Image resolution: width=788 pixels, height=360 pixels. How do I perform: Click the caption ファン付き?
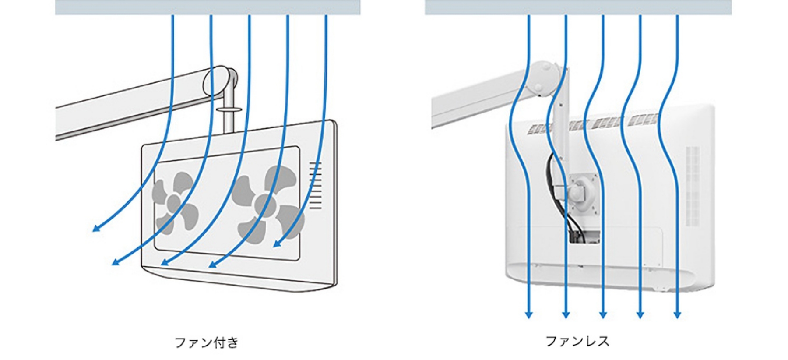click(206, 342)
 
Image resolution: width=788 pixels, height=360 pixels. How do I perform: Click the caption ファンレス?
click(577, 341)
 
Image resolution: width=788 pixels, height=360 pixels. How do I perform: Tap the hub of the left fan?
click(174, 202)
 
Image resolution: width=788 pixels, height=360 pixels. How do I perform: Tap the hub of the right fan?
click(264, 204)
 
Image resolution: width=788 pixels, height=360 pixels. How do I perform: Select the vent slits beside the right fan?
click(315, 185)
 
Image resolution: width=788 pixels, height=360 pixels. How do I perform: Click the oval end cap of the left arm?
click(215, 81)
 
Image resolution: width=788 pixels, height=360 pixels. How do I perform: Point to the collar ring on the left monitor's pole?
click(229, 109)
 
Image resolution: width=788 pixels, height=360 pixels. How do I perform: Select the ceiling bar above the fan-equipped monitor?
click(208, 7)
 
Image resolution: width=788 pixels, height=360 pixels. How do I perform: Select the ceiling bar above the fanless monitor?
click(578, 7)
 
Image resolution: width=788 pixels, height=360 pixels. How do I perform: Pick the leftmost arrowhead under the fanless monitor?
click(529, 314)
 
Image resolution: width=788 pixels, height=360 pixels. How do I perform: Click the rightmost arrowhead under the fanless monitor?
click(677, 314)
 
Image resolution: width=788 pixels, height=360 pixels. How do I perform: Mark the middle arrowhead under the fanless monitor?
click(603, 314)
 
